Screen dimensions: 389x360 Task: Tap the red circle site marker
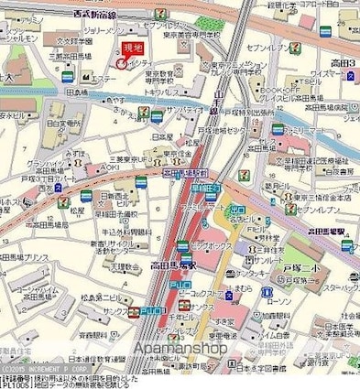tap(121, 62)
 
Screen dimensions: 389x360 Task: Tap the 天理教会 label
tap(98, 266)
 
